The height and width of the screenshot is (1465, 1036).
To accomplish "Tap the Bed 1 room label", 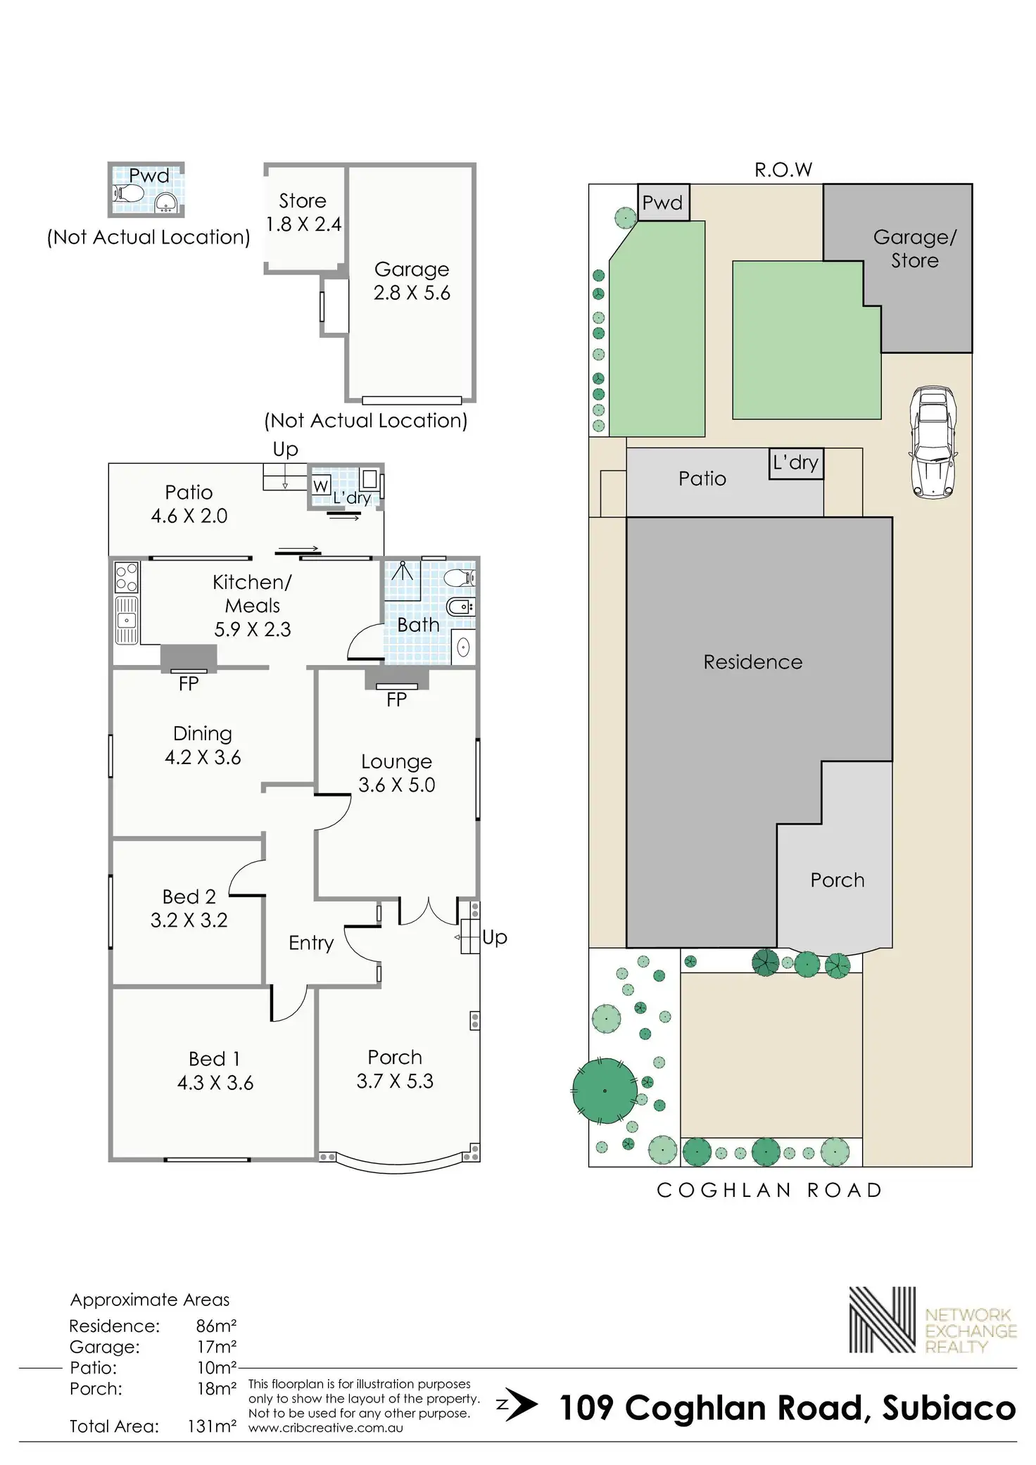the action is pos(215,1058).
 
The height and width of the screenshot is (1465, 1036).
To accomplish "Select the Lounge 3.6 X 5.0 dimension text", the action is pos(397,785).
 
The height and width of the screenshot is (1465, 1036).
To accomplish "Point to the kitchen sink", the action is pos(127,620).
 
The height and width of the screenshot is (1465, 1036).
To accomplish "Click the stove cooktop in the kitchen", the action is pos(127,577).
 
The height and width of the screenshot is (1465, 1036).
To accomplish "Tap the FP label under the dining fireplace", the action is pos(189,683).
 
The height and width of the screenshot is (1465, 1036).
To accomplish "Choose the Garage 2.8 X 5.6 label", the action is pos(412,281).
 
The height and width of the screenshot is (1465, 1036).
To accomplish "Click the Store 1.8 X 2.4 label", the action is pos(303,212).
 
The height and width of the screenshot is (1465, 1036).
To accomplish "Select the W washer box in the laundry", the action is pos(321,486).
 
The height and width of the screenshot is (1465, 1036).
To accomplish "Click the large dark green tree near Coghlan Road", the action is pos(605,1091).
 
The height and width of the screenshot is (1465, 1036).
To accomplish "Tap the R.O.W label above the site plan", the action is pos(783,170).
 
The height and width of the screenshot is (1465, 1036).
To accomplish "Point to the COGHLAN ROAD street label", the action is pos(769,1190).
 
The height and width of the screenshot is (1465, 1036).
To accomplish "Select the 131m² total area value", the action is pos(212,1426).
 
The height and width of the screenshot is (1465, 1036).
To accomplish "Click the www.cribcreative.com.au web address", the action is pos(326,1428).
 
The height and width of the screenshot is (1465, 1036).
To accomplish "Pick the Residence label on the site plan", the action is pos(753,661).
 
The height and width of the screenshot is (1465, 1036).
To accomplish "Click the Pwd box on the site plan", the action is pos(663,203).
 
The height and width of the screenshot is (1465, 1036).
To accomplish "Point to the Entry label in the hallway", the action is pos(311,943).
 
